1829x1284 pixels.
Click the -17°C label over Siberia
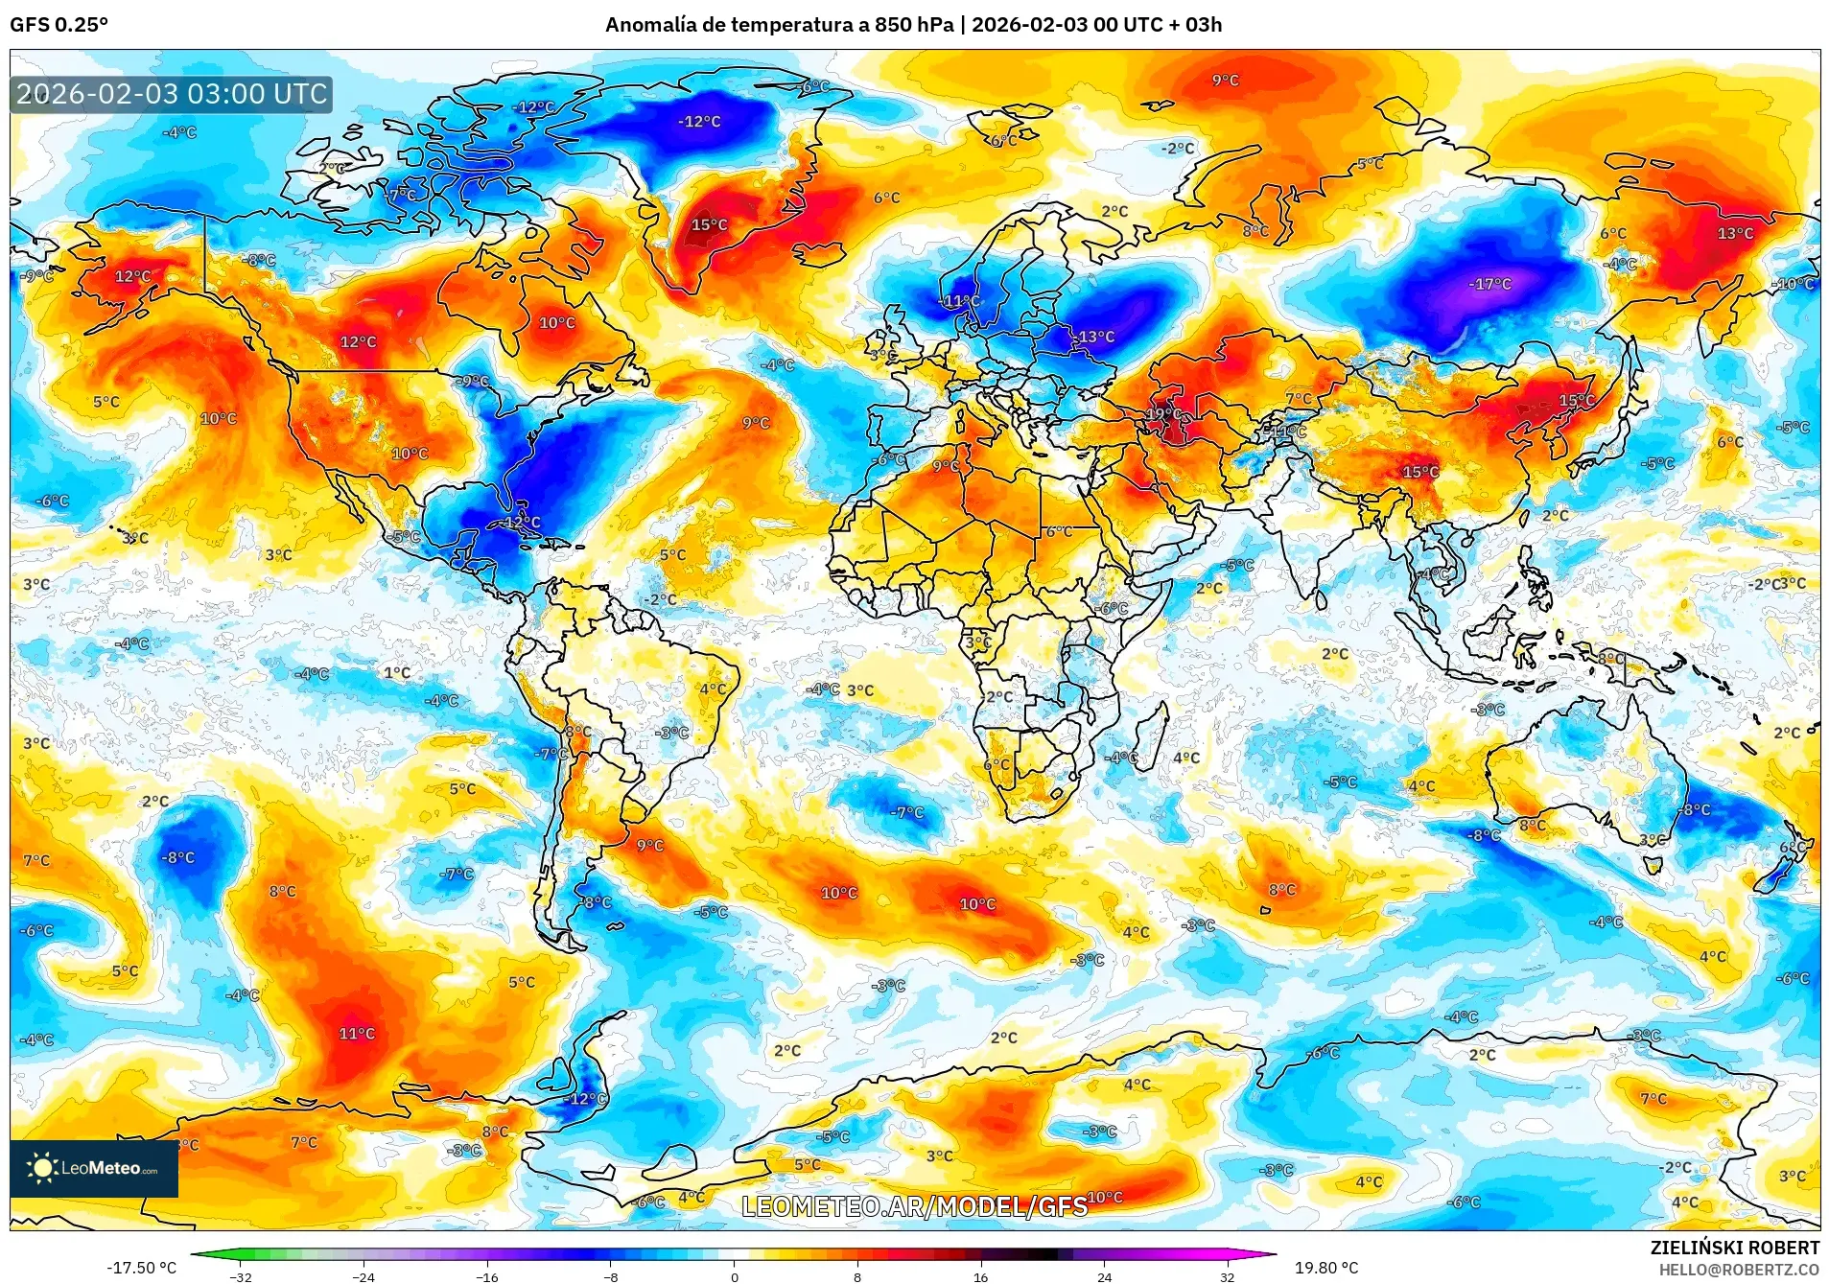click(1489, 284)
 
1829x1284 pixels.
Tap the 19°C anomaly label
click(1163, 414)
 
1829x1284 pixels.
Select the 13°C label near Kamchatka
click(1735, 233)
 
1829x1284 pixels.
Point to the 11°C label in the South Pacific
click(357, 1033)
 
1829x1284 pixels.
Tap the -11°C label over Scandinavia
click(961, 301)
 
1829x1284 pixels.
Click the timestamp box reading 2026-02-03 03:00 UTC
click(172, 94)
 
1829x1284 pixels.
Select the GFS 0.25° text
click(59, 25)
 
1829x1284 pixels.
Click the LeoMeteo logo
click(94, 1168)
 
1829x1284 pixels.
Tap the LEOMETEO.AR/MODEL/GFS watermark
click(914, 1205)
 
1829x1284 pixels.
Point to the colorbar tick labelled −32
click(241, 1276)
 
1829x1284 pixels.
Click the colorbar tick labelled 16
click(980, 1276)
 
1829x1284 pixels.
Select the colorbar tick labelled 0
click(735, 1276)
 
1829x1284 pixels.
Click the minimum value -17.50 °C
click(141, 1268)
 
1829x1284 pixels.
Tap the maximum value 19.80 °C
click(1326, 1268)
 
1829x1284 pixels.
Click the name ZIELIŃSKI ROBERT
click(1734, 1248)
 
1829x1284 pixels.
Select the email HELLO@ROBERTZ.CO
click(1739, 1270)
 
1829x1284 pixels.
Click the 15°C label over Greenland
click(709, 224)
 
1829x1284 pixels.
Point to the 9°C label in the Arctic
click(1225, 81)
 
